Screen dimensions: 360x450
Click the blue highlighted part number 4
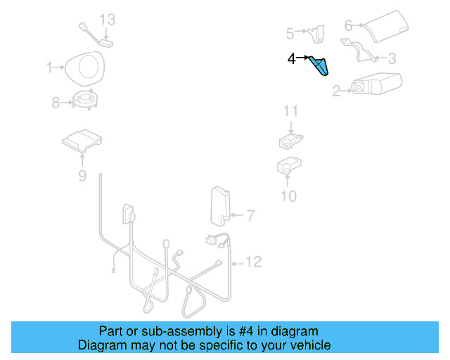coord(320,66)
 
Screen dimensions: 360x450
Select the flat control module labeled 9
coord(83,141)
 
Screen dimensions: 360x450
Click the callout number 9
coord(82,176)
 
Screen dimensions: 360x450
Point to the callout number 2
coord(336,90)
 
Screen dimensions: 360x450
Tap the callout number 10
coord(289,196)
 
